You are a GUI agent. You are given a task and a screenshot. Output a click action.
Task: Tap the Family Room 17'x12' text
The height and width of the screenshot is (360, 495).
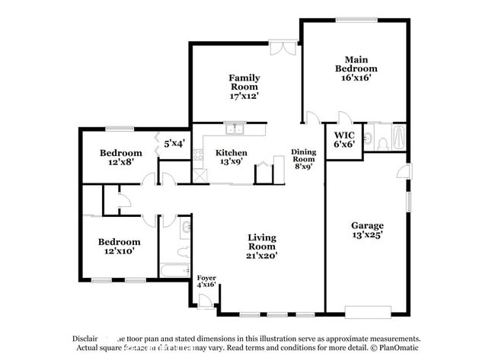click(x=244, y=87)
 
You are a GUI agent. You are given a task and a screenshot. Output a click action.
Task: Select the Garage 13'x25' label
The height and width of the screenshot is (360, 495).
click(x=367, y=230)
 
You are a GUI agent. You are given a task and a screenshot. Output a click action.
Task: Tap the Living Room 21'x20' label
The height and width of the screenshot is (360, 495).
click(x=261, y=247)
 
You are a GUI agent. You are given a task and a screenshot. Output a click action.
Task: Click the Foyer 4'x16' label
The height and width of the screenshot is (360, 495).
click(x=206, y=281)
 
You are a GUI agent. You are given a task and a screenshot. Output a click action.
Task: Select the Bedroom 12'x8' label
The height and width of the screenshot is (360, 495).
click(x=120, y=157)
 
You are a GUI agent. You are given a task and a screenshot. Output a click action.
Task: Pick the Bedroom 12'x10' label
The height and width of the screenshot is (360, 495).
click(x=120, y=246)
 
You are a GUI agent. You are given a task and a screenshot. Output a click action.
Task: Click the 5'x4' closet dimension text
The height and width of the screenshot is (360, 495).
click(x=174, y=142)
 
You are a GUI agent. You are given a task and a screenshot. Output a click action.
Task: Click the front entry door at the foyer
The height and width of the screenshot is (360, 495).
click(x=203, y=306)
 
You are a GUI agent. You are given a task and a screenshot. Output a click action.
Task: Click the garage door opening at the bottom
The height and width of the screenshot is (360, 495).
click(x=368, y=312)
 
